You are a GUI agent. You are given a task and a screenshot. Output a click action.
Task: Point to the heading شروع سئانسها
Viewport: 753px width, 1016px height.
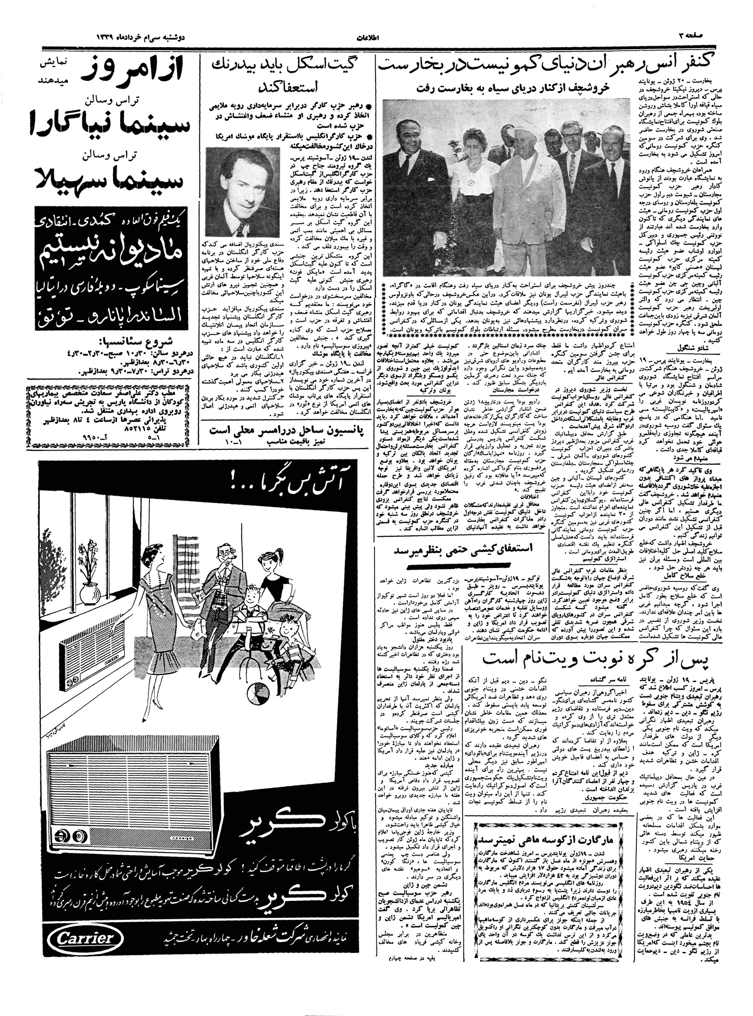[x=126, y=341]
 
